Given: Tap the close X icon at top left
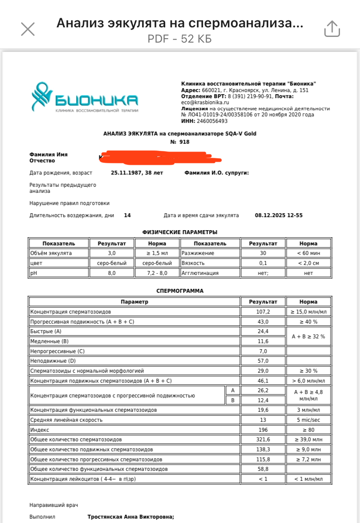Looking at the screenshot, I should (x=28, y=29).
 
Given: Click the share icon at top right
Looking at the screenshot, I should (x=332, y=29).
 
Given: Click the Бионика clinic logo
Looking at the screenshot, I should (x=84, y=98).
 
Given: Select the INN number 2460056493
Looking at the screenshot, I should (x=211, y=121).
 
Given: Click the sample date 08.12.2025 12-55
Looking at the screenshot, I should (x=279, y=215).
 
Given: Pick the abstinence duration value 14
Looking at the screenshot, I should (x=127, y=215).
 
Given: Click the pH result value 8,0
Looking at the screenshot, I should (x=112, y=273).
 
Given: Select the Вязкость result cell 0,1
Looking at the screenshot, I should (x=263, y=263).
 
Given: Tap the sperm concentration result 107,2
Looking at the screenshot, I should (x=263, y=312).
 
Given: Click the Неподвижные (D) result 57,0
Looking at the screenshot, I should (x=263, y=361).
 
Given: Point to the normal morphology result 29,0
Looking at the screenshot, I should (x=263, y=371).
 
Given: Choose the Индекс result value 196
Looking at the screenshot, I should (x=263, y=430).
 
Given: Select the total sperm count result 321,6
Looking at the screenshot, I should (x=263, y=440).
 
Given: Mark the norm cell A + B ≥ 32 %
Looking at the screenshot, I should (x=308, y=337).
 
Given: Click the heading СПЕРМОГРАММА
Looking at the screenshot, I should (x=180, y=291).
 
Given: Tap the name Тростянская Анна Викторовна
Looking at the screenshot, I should (x=130, y=517).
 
